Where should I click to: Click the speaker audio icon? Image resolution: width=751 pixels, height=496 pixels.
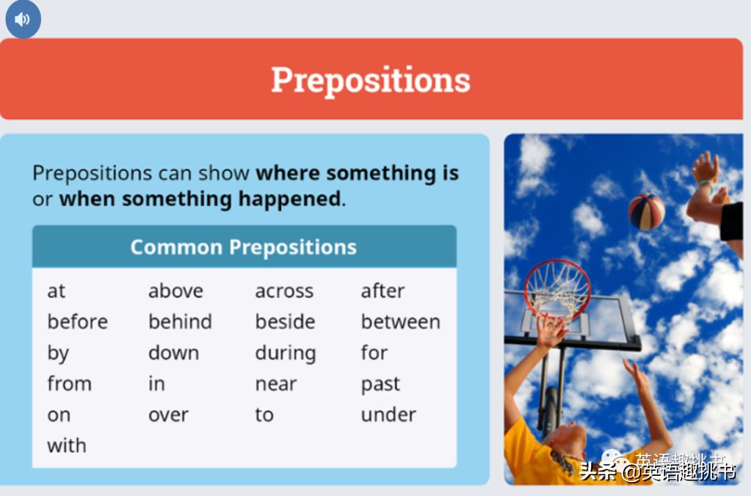point(23,19)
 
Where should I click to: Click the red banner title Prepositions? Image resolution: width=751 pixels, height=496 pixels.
point(371,80)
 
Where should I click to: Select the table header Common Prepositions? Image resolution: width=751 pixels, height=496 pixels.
point(244,247)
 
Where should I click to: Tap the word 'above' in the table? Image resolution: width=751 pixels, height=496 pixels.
point(176,291)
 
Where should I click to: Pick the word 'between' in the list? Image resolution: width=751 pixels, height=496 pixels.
point(401,321)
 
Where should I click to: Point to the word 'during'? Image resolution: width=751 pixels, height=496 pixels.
point(286,353)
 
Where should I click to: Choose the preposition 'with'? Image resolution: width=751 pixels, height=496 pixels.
point(67,445)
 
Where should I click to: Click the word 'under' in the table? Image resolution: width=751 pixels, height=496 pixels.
point(389,415)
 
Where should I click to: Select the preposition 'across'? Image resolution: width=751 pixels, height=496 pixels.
point(284,291)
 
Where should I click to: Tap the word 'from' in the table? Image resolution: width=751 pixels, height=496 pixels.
point(70,383)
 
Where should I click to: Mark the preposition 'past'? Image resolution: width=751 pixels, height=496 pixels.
point(380,385)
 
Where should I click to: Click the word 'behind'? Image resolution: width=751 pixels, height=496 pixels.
point(180,321)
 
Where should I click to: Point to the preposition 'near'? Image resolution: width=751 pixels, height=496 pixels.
point(276,384)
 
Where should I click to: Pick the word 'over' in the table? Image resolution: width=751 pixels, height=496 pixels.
point(168,415)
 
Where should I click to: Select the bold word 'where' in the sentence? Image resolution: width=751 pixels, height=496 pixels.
point(287,173)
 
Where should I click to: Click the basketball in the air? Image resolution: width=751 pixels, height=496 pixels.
point(647,211)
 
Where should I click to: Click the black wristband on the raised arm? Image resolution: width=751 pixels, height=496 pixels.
point(732,221)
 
